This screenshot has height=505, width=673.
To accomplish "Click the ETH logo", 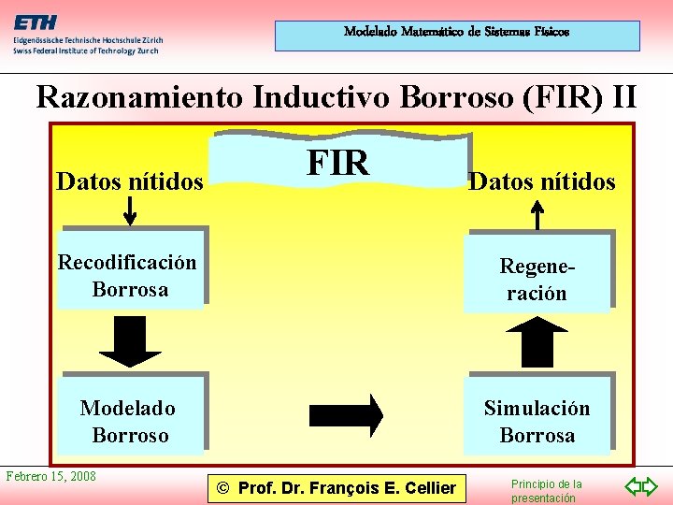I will [36, 22].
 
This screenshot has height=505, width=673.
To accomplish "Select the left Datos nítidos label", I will [129, 181].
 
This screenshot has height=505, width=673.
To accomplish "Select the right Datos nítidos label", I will [541, 181].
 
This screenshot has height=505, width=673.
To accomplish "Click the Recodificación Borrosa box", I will [129, 277].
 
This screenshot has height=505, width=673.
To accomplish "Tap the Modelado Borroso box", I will [129, 422].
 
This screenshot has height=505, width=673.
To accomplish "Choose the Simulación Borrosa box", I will [537, 422].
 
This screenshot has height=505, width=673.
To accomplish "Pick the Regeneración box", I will [537, 280].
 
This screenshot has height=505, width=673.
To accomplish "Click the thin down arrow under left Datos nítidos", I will [130, 211].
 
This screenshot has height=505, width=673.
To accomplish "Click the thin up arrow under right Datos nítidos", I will [537, 214].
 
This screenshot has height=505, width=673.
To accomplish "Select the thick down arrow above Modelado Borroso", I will [130, 342].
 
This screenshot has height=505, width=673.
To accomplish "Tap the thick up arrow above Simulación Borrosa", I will [537, 342].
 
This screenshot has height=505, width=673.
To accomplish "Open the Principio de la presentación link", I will [546, 491].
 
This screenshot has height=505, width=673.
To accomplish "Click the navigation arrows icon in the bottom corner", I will [642, 487].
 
